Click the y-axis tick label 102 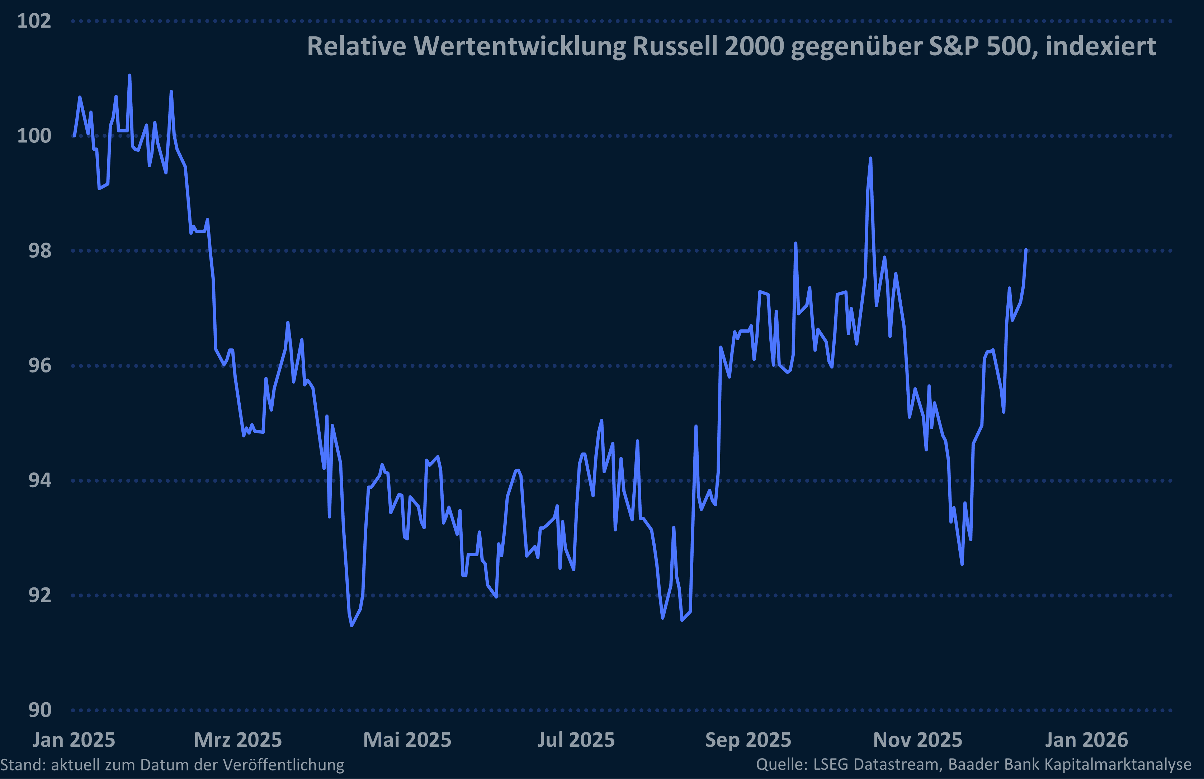point(34,21)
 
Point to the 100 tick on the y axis point(34,136)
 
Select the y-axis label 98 point(40,250)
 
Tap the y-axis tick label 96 point(40,365)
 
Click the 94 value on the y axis point(40,480)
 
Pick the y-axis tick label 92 point(40,595)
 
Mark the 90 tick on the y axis point(40,710)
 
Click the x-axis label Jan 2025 point(74,740)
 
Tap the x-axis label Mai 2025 point(407,740)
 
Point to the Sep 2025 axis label point(748,740)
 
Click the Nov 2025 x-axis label point(917,740)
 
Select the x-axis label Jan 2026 point(1086,740)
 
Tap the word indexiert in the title point(1100,47)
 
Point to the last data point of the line point(1026,250)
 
